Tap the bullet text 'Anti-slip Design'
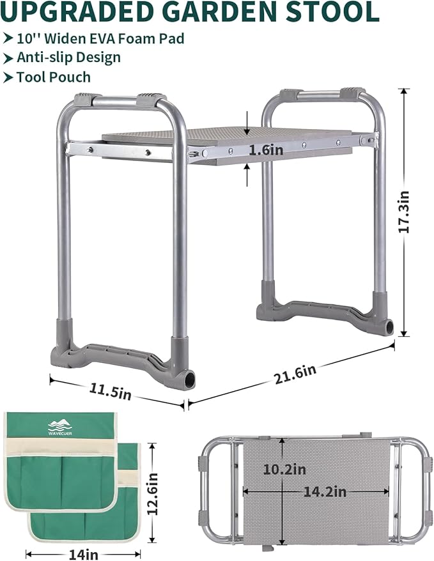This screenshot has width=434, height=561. tap(68, 58)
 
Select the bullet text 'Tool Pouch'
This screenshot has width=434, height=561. tap(54, 77)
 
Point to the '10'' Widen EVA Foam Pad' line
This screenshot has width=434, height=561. tap(100, 38)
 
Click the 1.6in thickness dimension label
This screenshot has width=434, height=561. tap(248, 150)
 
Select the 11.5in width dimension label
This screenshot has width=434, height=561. tap(110, 390)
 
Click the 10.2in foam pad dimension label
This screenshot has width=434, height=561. tap(284, 470)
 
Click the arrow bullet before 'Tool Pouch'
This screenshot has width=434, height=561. tap(8, 77)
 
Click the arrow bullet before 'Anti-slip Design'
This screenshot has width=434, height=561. tap(8, 58)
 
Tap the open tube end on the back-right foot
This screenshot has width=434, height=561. tap(389, 328)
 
